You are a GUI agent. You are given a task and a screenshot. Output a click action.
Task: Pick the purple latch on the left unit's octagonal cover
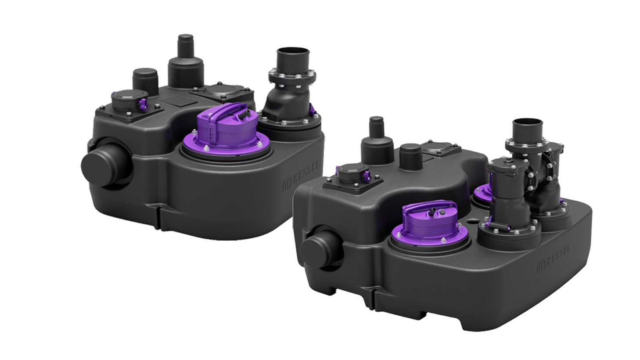pyautogui.click(x=142, y=104)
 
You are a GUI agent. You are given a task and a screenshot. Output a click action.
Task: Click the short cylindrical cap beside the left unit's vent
pyautogui.click(x=147, y=79)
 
